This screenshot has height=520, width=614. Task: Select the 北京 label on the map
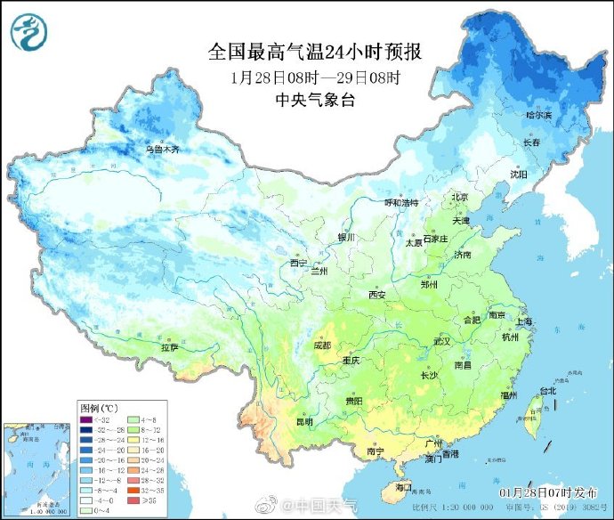[x=459, y=198]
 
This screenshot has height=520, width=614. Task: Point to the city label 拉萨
[x=169, y=347]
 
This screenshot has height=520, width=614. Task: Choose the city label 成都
[x=321, y=345]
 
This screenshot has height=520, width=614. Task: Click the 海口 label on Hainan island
[x=403, y=487]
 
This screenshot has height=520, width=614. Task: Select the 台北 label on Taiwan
[x=546, y=391]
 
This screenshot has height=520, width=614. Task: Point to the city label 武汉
[x=443, y=341]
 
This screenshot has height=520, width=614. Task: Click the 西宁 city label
[x=298, y=263]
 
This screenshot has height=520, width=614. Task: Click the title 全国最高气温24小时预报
[x=315, y=52]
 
